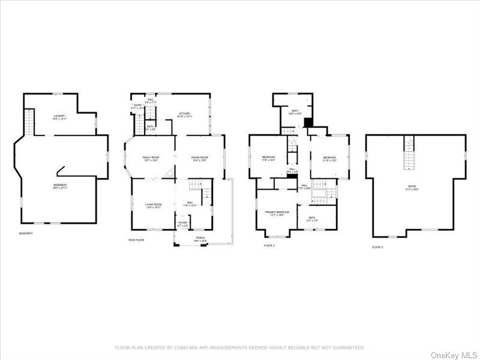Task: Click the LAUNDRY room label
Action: tap(59, 116)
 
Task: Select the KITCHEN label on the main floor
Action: tap(184, 114)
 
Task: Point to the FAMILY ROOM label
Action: tap(150, 158)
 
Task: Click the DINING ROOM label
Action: tap(199, 158)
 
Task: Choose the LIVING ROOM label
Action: tap(154, 205)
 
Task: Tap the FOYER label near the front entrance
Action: tap(182, 223)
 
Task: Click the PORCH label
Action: tap(199, 238)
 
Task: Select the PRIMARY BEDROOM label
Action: tap(277, 212)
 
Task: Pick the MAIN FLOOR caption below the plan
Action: tap(137, 239)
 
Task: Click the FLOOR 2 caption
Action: tap(269, 245)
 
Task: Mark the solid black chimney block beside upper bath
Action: tap(308, 122)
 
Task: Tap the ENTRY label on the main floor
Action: tap(137, 106)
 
